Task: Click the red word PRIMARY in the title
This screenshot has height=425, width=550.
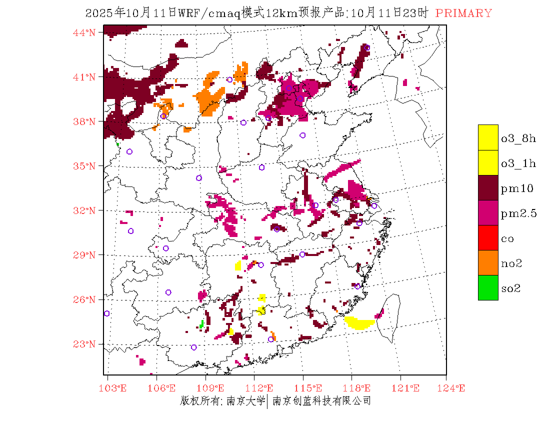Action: [x=463, y=13]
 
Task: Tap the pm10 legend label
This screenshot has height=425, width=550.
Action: [x=517, y=188]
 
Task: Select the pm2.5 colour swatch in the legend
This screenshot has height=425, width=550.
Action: [x=488, y=213]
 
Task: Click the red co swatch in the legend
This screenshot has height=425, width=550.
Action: [x=488, y=238]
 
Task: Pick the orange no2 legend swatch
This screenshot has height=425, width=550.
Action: [x=488, y=263]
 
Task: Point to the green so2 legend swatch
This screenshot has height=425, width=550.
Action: [x=488, y=288]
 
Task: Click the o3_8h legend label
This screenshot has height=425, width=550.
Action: [x=518, y=138]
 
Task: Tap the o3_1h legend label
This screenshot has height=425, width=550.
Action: [x=518, y=163]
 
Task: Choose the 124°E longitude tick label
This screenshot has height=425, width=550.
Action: [x=454, y=388]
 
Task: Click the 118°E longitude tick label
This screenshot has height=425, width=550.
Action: [x=359, y=388]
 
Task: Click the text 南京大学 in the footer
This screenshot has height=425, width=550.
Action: [x=245, y=400]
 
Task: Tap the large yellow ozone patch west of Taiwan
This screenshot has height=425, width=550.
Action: [x=359, y=323]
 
